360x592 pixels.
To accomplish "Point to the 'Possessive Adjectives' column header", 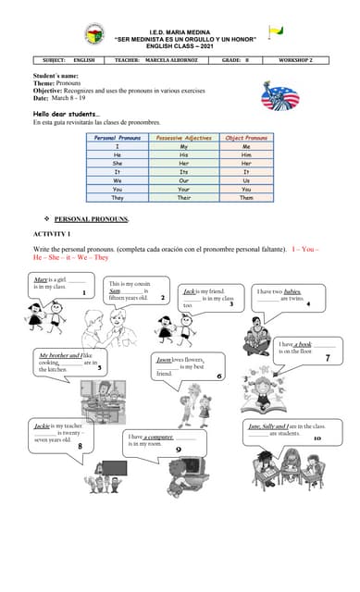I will tap(184, 137).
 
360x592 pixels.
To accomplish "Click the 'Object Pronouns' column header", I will tap(246, 137).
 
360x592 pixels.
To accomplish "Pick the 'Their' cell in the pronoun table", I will tap(184, 197).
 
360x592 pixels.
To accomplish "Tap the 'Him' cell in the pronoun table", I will tap(246, 154).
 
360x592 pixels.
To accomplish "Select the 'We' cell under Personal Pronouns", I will tap(117, 180).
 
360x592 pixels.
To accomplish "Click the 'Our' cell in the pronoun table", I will tap(184, 180).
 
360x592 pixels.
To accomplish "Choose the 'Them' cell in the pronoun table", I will tap(246, 197).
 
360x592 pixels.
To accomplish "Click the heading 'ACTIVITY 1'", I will tap(52, 234).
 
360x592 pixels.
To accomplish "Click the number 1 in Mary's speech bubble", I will tap(83, 292).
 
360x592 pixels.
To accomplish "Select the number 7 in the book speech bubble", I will tap(327, 357).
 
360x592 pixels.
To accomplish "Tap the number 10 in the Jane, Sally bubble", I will tap(317, 438).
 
